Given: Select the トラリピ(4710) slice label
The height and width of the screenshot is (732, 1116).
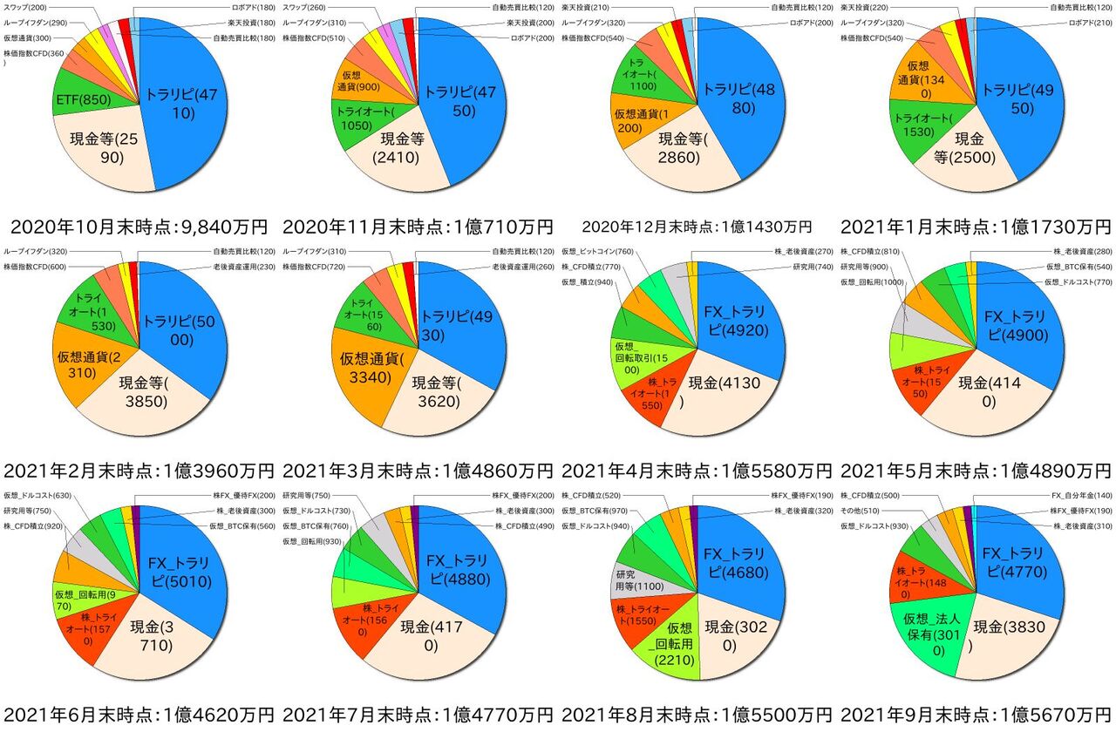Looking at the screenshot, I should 183,105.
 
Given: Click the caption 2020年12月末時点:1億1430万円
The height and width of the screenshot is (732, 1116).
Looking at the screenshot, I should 697,227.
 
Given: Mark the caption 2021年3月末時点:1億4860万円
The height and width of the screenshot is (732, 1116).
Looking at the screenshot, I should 418,471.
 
